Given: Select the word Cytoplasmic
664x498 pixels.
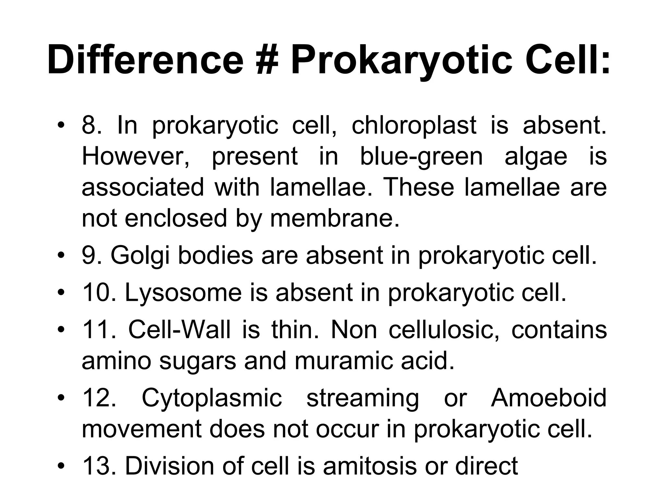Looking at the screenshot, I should (x=212, y=398).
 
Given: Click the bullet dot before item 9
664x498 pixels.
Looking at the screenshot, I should (x=61, y=256).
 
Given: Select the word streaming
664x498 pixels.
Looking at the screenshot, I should (x=362, y=398).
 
